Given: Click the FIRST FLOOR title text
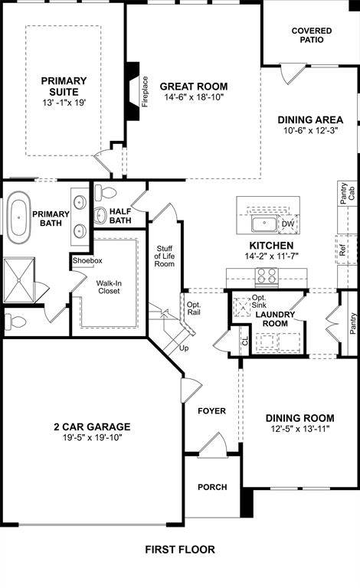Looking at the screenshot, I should pyautogui.click(x=180, y=549).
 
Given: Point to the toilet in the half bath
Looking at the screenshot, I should pyautogui.click(x=105, y=197).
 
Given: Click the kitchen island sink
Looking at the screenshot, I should pyautogui.click(x=264, y=224).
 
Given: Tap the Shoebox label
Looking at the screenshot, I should pyautogui.click(x=87, y=260).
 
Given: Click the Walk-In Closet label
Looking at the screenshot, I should pyautogui.click(x=108, y=286).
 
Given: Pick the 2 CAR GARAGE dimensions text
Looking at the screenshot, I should pyautogui.click(x=91, y=437).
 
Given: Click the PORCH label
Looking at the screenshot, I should pyautogui.click(x=211, y=487).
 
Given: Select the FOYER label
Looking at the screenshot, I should pyautogui.click(x=211, y=411).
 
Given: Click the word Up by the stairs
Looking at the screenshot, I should pyautogui.click(x=184, y=348).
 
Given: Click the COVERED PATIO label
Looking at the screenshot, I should pyautogui.click(x=312, y=35).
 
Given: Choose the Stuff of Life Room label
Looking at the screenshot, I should pyautogui.click(x=165, y=256).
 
